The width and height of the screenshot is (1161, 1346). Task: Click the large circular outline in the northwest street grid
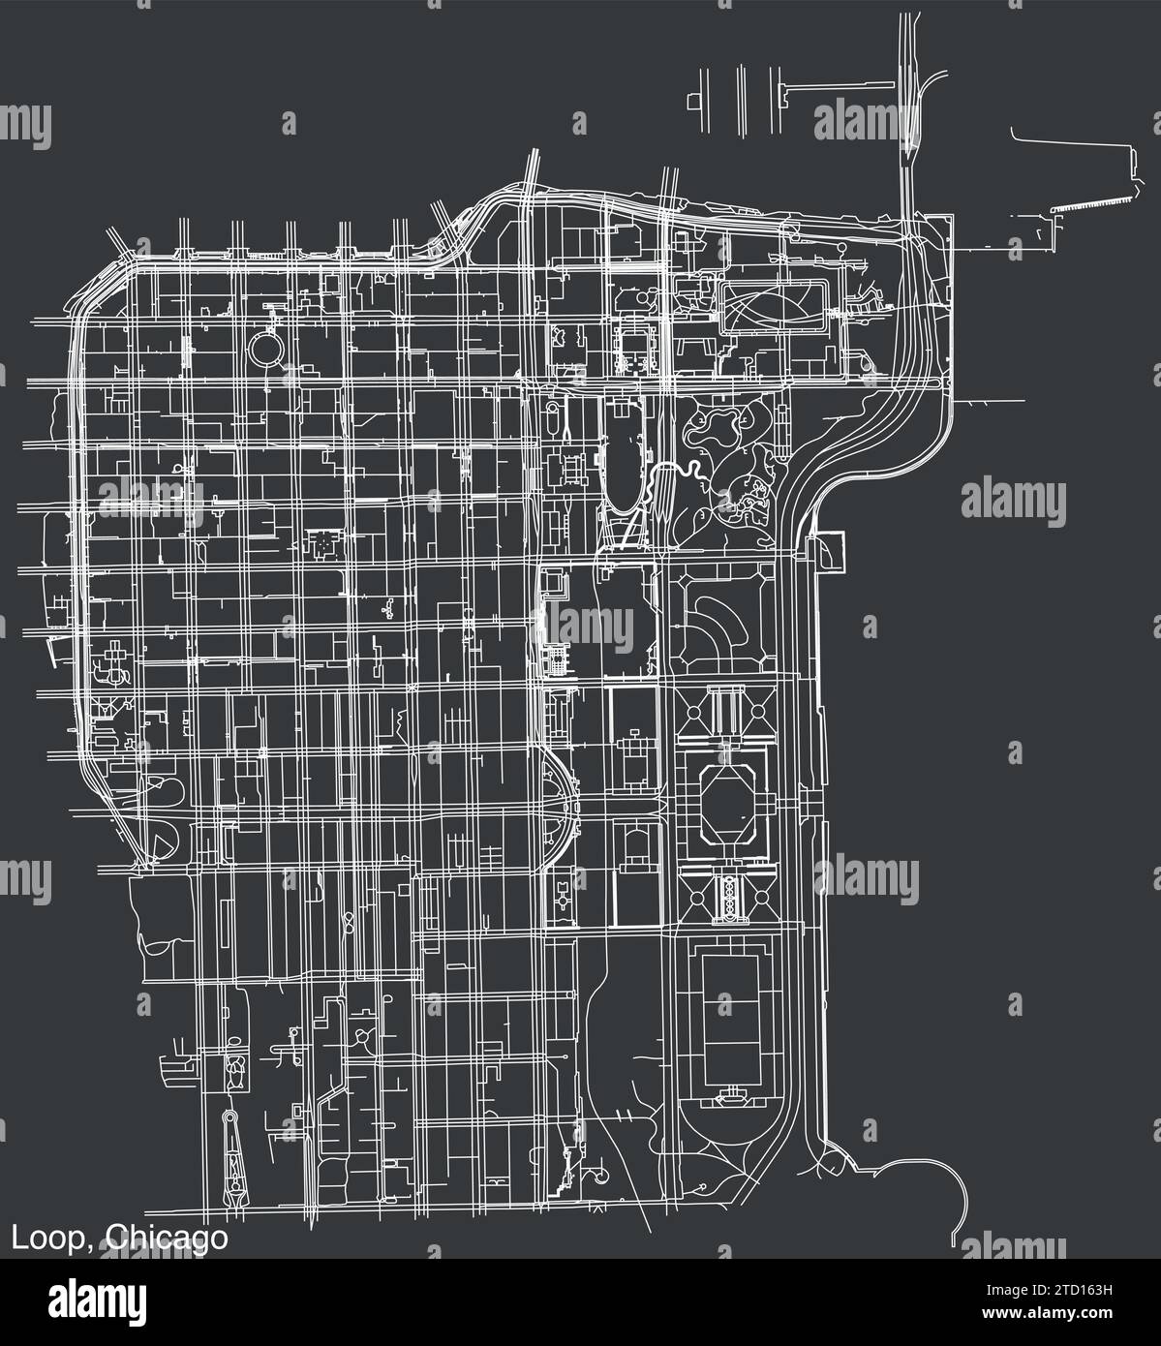[268, 346]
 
